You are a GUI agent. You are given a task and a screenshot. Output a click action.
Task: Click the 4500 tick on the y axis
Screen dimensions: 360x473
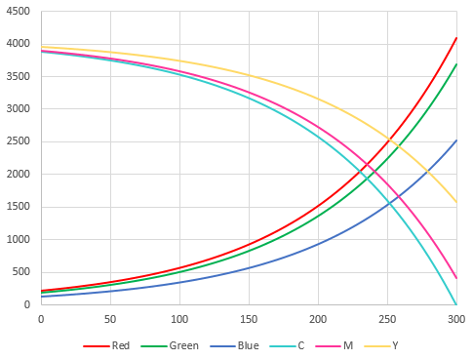click(19, 11)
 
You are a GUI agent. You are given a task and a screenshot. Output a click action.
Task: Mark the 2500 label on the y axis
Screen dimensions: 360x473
click(19, 141)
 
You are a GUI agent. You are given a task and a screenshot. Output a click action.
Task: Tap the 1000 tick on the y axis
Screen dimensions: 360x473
click(19, 239)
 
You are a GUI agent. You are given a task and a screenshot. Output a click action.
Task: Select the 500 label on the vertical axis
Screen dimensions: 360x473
click(21, 272)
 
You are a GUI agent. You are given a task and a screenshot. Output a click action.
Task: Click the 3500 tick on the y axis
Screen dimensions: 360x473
click(19, 76)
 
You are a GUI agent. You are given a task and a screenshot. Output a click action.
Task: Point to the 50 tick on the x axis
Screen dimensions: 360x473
click(109, 319)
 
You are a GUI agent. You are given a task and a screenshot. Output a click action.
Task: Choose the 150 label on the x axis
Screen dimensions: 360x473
click(248, 319)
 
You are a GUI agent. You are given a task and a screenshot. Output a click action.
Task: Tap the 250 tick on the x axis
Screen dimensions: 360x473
click(386, 319)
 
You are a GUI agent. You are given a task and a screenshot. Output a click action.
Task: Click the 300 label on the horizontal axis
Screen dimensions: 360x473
click(455, 319)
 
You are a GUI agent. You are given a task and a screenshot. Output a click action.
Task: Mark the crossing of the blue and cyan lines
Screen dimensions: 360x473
click(390, 202)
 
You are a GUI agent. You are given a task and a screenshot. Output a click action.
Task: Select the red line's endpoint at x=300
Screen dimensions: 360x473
click(455, 38)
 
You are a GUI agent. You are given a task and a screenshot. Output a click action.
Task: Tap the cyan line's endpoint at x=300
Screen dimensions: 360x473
click(455, 304)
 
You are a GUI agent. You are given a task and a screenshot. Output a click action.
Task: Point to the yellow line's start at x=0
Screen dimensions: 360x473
click(40, 47)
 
